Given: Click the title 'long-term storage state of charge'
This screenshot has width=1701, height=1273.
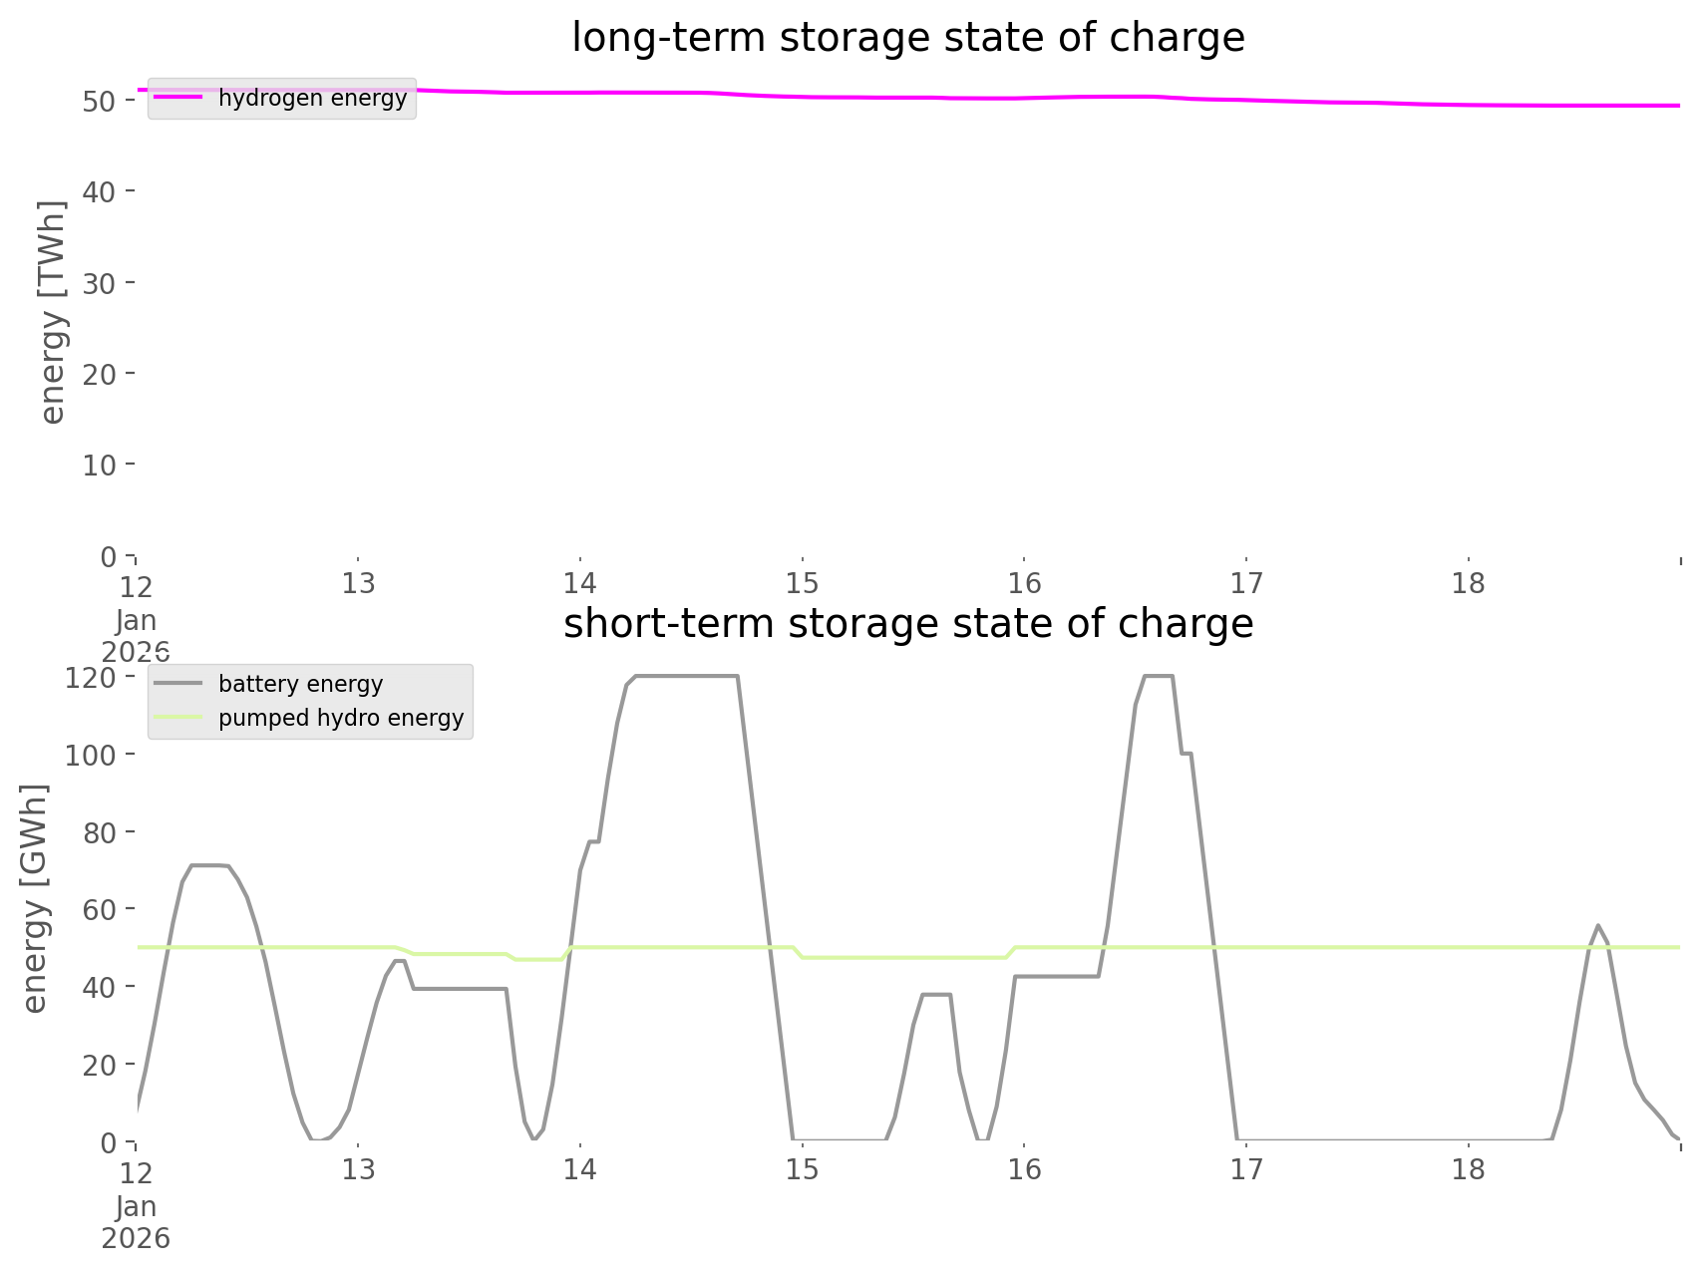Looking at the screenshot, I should coord(907,38).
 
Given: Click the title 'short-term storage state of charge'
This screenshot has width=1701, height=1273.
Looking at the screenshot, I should coord(907,624).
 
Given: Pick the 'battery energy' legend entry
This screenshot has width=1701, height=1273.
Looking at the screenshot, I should coord(300,684).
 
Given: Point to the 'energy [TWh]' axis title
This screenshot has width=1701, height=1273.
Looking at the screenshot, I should coord(52,312).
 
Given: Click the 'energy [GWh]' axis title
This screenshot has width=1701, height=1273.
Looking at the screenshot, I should coord(35,898).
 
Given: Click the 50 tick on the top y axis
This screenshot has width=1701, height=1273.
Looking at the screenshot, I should coord(101,101).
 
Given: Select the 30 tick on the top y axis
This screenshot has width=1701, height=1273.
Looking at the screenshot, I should coord(101,283).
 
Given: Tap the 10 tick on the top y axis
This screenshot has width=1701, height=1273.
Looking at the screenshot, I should coord(101,465).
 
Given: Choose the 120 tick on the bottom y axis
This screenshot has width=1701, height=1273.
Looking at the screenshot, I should coord(92,678).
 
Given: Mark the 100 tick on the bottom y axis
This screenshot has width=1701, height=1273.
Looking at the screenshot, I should coord(92,755).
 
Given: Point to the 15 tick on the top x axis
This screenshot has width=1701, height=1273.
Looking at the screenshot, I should coord(802,583).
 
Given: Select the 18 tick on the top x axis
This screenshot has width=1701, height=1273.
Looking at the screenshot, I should coord(1469,583).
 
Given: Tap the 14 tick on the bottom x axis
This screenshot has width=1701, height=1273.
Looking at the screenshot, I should coord(579,1169).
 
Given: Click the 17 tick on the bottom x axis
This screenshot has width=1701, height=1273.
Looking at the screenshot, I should coord(1246,1169).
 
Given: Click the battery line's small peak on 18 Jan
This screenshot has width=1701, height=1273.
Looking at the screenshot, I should coord(1598,925).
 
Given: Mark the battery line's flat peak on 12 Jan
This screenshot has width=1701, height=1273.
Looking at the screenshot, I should coord(209,865).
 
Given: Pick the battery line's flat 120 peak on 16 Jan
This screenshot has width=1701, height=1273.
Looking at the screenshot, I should coord(1158,677).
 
